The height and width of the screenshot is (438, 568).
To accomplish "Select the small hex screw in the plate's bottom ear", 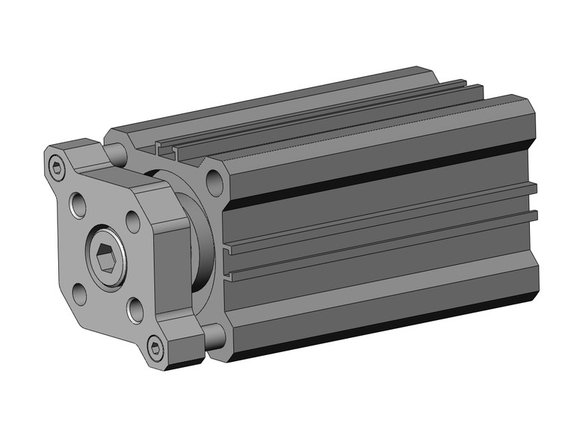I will (x=155, y=346).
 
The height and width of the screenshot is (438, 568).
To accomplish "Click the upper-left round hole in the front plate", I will (x=78, y=204).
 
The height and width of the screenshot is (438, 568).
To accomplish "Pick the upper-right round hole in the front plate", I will (x=132, y=222).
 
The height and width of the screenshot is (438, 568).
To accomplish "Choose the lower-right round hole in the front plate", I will (x=135, y=309).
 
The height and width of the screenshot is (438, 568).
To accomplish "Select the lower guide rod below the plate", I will (x=211, y=336).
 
